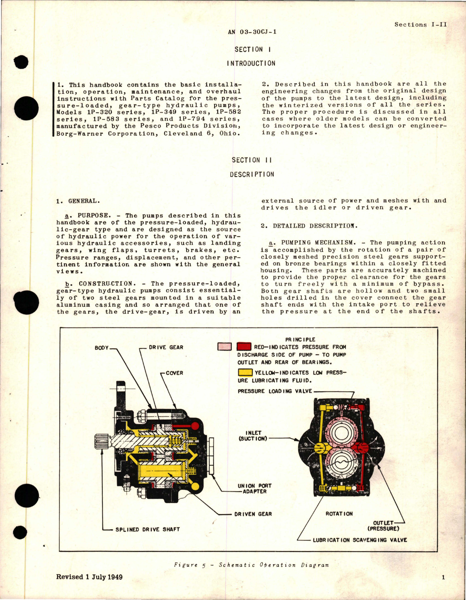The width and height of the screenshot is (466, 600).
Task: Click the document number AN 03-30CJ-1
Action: coord(252,32)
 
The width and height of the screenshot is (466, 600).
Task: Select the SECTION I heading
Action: coord(249,49)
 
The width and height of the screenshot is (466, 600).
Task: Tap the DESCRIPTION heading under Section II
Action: coord(252,174)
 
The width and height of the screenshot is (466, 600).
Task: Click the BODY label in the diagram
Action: coord(102,348)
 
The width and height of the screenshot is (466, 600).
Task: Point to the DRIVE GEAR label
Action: coord(166,347)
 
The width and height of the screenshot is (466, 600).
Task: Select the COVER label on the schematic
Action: coord(174,373)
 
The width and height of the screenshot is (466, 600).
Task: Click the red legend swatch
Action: coord(244,347)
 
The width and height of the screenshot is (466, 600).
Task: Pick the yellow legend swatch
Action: coord(245,373)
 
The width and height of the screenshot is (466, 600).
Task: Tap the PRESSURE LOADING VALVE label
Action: coord(275,391)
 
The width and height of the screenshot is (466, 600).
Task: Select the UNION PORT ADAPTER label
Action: coord(254,488)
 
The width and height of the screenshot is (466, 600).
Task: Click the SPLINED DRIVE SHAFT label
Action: coord(147,530)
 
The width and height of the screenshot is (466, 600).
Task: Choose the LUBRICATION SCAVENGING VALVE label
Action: coord(360,540)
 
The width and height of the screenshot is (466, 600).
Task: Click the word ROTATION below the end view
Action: coord(339,514)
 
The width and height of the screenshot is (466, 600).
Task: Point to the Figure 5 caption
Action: coord(251,565)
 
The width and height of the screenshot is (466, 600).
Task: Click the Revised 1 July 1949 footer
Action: coord(89,577)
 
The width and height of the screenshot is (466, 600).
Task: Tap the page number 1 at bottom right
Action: coord(443,577)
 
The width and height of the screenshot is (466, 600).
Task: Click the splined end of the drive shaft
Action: coord(102,442)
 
